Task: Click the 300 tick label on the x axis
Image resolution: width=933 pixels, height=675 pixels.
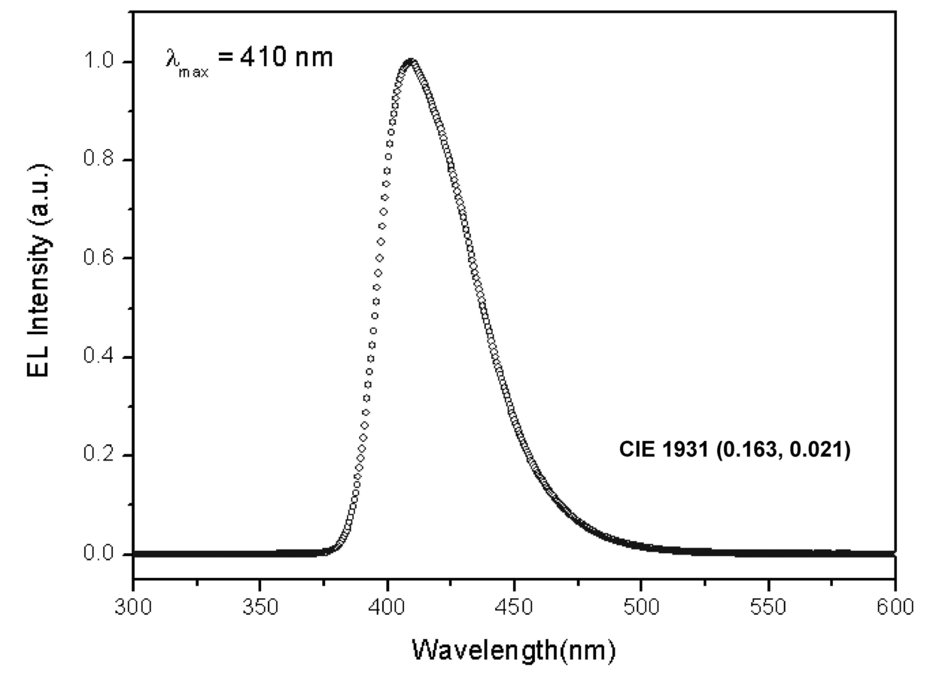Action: click(133, 607)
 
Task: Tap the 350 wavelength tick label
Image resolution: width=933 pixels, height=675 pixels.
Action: click(260, 607)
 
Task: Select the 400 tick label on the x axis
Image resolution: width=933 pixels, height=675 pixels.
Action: click(387, 607)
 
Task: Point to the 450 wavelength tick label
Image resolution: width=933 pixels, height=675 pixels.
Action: click(514, 607)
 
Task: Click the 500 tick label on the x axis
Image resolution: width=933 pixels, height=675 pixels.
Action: click(641, 607)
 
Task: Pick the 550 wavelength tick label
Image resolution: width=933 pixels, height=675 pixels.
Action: click(768, 607)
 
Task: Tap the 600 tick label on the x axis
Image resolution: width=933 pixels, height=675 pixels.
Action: click(895, 607)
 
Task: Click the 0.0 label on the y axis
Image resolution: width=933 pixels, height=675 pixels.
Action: click(99, 552)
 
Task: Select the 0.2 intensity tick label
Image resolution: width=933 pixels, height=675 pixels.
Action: click(99, 454)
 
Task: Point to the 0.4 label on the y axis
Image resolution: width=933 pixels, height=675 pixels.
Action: click(99, 355)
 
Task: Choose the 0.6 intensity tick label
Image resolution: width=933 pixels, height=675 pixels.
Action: click(99, 257)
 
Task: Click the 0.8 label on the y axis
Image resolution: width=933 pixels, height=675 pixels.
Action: click(99, 159)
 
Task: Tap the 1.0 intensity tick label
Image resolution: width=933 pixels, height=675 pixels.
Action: click(99, 61)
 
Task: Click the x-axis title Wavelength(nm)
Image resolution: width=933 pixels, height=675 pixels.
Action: click(514, 650)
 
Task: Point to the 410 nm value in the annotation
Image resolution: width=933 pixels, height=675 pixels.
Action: click(287, 56)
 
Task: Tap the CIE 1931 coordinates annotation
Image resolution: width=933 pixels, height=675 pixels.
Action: click(734, 449)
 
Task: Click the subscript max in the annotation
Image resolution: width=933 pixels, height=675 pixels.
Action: click(193, 73)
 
